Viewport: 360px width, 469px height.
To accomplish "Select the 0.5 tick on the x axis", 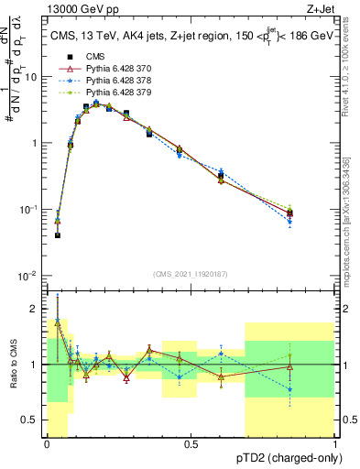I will (x=191, y=444).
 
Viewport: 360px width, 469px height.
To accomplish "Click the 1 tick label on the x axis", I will (x=336, y=444).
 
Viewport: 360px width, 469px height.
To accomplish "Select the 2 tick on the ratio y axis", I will (x=37, y=307).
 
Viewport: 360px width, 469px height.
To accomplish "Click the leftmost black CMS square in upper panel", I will (x=57, y=235).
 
